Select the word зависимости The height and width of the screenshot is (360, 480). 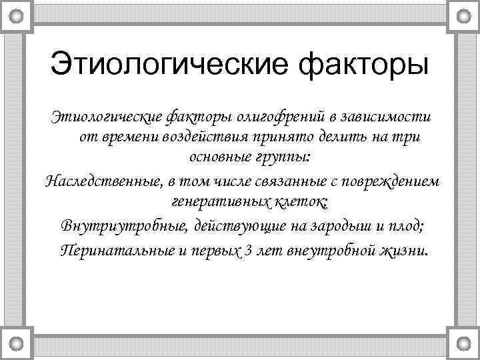(x=385, y=117)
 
